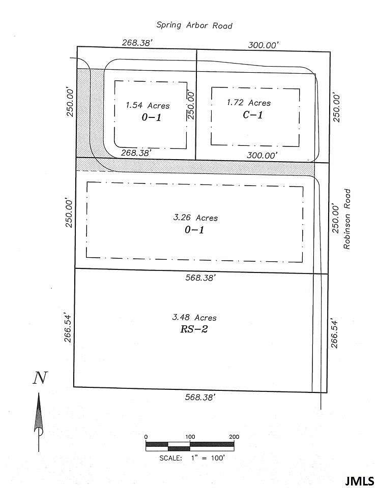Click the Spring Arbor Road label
194,25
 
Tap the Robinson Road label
347,219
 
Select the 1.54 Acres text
148,106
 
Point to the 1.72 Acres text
248,103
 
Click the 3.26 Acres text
195,218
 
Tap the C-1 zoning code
252,115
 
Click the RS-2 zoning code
194,329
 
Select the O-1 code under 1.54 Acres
151,117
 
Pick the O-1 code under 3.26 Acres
194,230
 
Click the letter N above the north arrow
40,378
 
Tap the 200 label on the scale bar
234,437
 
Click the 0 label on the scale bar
146,437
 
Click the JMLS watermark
360,480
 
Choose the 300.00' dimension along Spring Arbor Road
263,45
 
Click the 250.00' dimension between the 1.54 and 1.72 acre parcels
191,105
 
